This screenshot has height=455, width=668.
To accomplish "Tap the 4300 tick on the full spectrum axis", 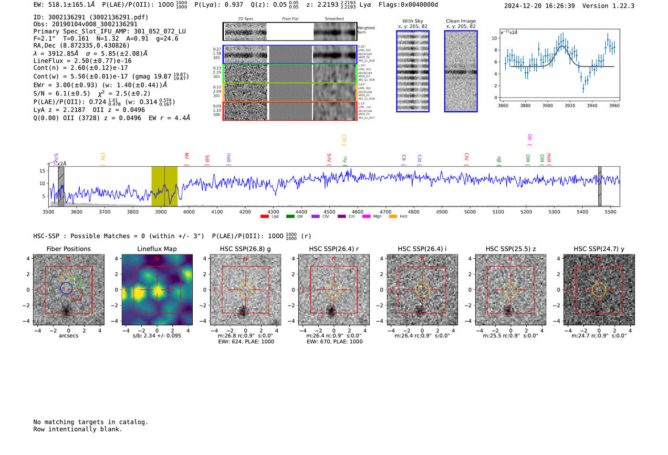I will point(273,212).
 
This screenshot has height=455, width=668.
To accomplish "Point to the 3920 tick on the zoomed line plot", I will point(570,106).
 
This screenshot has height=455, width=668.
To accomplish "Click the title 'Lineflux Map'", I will point(157,249).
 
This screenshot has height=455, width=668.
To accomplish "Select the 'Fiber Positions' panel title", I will point(68,249).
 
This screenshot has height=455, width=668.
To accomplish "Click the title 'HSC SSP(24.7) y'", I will point(599,249).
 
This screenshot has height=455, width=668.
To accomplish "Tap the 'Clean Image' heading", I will point(460,21).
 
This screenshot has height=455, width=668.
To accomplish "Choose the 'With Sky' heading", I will point(412,21).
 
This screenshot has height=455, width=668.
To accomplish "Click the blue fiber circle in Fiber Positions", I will point(66,288).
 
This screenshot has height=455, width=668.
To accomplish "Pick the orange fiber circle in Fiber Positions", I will point(66,277).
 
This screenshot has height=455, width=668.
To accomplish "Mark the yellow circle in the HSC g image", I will point(245,290).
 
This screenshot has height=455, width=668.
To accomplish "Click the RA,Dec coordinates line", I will point(81,46).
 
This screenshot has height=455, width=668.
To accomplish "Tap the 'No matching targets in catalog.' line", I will point(91,422).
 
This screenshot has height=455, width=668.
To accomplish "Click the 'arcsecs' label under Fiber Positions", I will point(68,336).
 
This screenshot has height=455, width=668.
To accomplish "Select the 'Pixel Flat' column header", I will point(290,19).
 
